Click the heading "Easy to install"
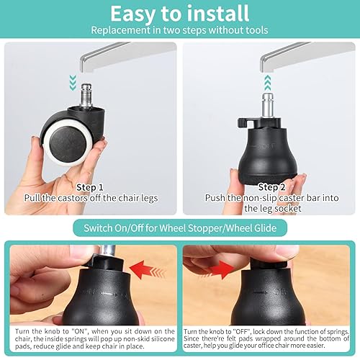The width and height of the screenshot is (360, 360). tap(179, 14)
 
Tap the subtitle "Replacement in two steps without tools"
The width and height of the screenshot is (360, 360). tap(179, 31)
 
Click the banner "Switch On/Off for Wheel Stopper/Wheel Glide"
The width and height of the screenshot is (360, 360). tap(180, 229)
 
